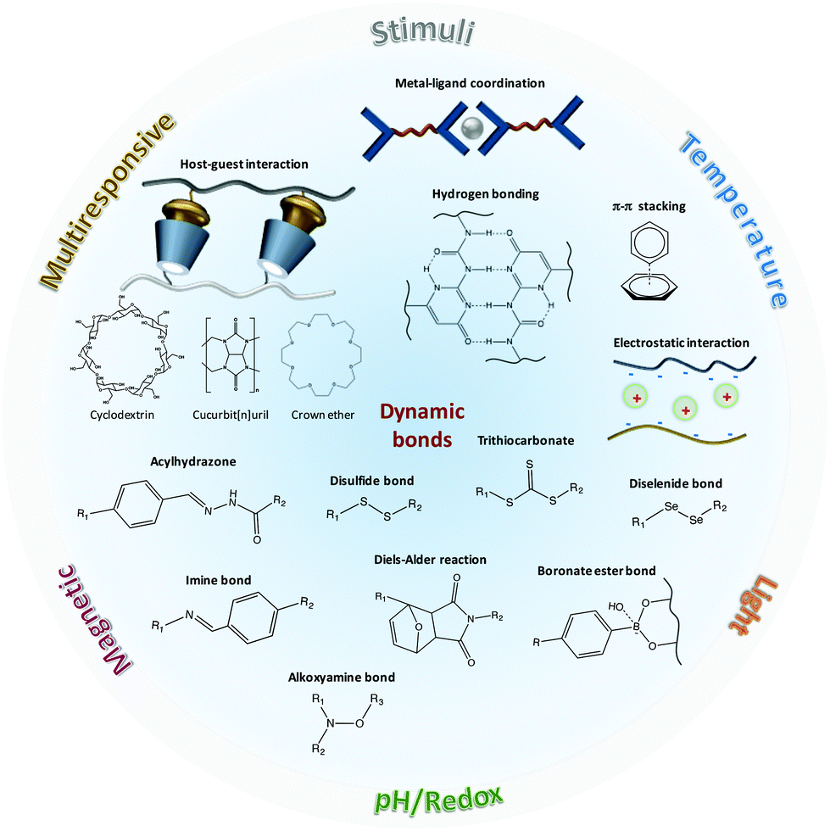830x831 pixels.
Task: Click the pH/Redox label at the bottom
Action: click(438, 796)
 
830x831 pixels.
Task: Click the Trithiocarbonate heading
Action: click(526, 441)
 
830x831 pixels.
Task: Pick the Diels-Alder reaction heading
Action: click(430, 560)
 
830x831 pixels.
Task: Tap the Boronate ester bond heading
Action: click(597, 571)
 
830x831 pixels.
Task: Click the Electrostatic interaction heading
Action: click(681, 343)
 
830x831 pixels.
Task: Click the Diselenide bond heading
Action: click(676, 483)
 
